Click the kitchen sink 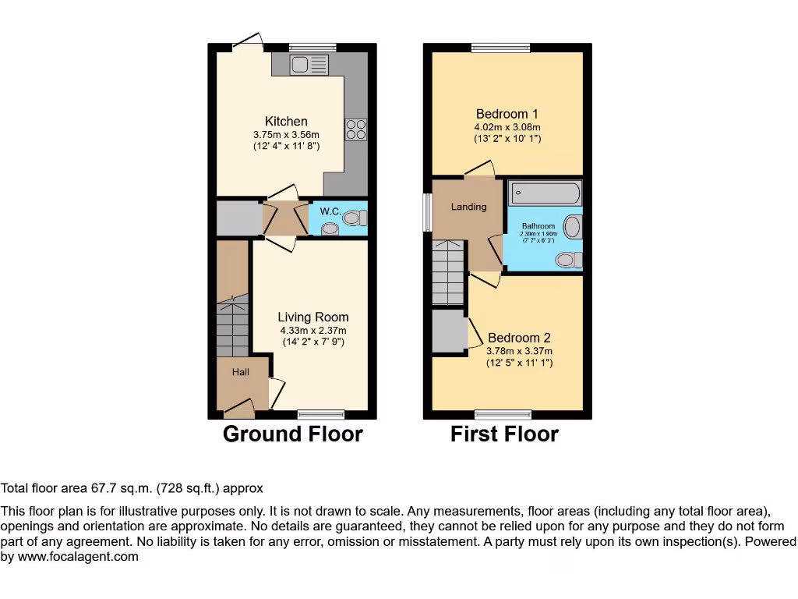click(x=310, y=65)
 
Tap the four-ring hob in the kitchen click(x=355, y=129)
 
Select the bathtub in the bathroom click(x=545, y=193)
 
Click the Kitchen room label click(x=286, y=121)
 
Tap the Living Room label click(x=312, y=317)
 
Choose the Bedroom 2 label click(x=519, y=338)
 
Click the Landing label click(x=468, y=207)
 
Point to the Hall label click(x=240, y=372)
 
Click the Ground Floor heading click(x=292, y=434)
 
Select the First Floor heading click(x=504, y=434)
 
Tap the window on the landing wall click(x=427, y=212)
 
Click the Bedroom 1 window click(x=500, y=48)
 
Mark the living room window click(x=320, y=414)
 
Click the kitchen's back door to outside click(x=247, y=43)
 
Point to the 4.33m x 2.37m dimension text click(x=312, y=330)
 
